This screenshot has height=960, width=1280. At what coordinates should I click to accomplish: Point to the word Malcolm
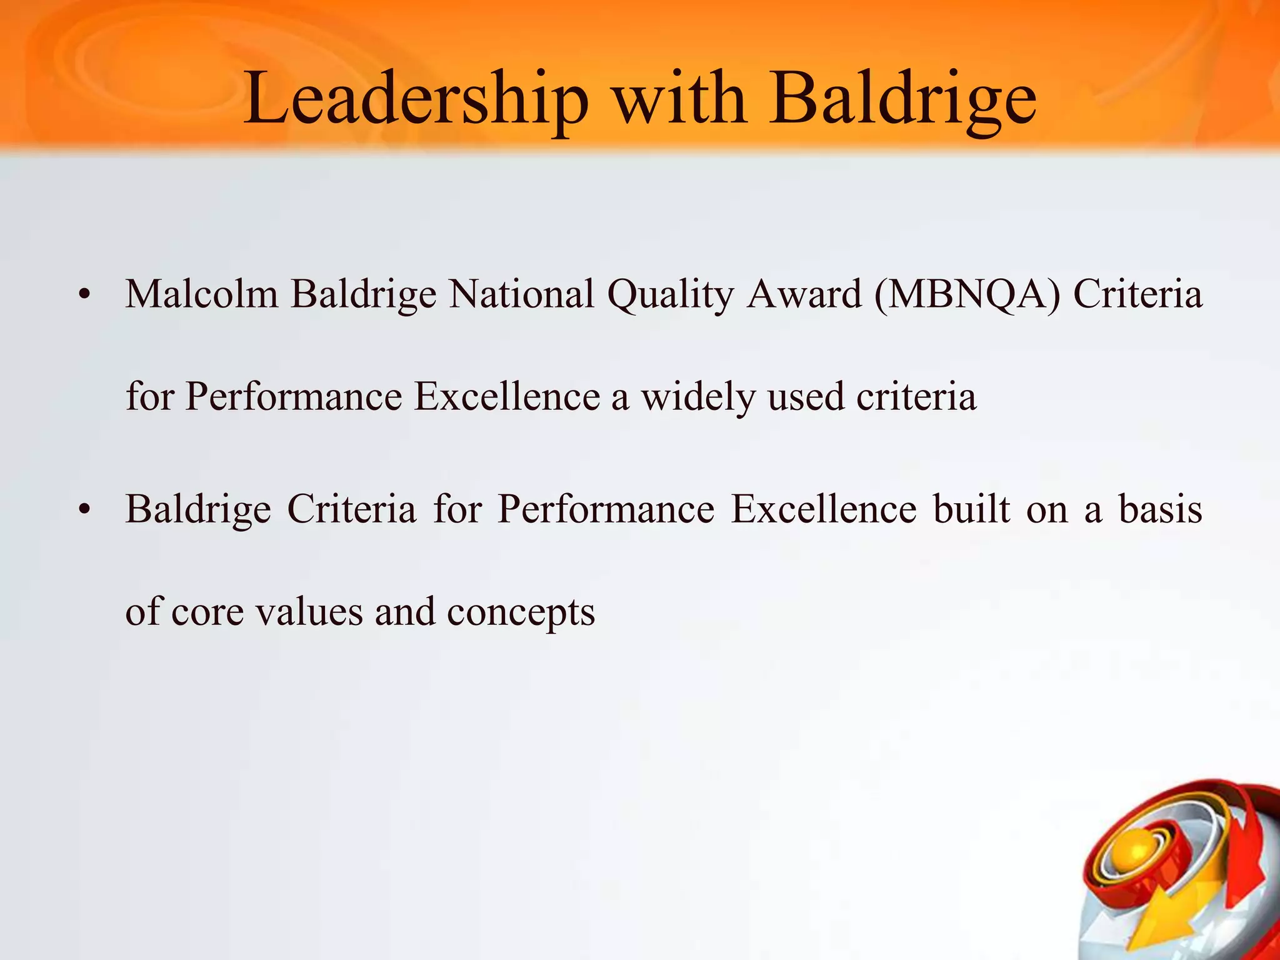click(201, 294)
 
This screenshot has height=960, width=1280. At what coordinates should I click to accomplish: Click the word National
click(521, 294)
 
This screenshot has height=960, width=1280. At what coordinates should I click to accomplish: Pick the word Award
click(804, 294)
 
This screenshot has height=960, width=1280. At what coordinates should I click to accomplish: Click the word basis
click(1160, 509)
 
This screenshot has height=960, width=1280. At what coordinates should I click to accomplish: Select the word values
click(309, 612)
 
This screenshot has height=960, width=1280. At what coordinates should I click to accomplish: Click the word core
click(207, 613)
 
